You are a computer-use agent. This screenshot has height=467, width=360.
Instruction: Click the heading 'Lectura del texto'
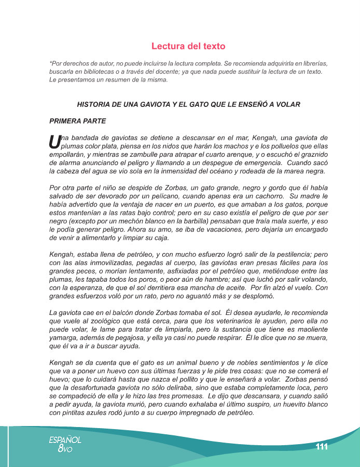click(x=188, y=46)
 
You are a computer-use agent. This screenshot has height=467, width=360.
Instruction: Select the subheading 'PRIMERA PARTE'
click(x=77, y=121)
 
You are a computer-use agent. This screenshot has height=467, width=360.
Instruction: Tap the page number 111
click(x=322, y=447)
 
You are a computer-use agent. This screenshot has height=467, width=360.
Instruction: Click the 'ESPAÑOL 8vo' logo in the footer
click(x=65, y=444)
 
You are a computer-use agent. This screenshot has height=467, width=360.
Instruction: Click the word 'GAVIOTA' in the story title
click(x=165, y=104)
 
